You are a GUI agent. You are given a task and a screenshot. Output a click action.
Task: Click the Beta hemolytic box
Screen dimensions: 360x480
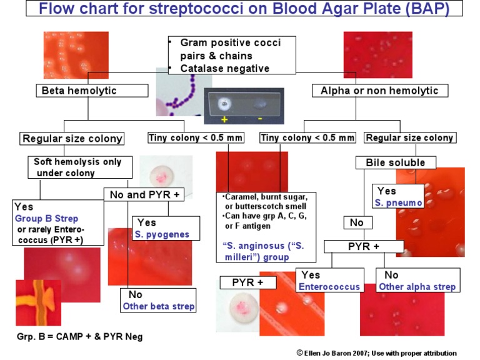(79, 91)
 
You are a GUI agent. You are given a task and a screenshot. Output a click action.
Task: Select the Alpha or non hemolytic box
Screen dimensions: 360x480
(379, 91)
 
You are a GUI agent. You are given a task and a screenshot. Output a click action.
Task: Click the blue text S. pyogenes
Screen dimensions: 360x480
(162, 234)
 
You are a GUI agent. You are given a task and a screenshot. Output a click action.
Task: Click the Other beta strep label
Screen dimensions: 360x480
(158, 306)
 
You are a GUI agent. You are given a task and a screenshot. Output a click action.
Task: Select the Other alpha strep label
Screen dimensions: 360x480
(417, 287)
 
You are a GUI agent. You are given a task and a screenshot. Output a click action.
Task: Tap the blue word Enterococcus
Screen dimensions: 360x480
(329, 287)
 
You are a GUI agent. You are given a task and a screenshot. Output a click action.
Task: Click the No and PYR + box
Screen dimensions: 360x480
(144, 194)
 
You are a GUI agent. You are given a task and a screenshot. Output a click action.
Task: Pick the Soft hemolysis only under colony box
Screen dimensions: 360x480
(78, 167)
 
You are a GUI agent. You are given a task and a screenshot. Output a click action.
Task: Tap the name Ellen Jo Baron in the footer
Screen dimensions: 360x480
(331, 352)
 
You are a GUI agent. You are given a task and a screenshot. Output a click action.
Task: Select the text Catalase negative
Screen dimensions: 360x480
(225, 68)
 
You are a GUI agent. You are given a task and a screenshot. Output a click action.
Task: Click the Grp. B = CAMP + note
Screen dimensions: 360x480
(79, 337)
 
